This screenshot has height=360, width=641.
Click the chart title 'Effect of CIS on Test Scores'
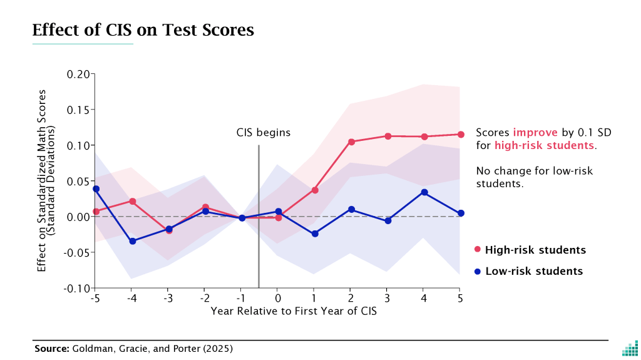[143, 30]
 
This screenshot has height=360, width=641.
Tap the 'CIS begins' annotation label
[264, 133]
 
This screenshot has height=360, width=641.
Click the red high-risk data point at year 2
[351, 142]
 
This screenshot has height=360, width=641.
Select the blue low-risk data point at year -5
[96, 188]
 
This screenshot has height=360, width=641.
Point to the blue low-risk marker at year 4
[424, 192]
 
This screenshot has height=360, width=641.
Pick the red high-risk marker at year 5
[461, 135]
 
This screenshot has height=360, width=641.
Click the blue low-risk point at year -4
[133, 241]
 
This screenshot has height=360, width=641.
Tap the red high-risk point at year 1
[315, 190]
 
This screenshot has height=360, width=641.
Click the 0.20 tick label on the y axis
[79, 74]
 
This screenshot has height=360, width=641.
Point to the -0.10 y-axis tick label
[78, 289]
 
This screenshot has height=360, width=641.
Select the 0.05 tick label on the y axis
[79, 182]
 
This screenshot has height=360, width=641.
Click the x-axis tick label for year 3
[387, 298]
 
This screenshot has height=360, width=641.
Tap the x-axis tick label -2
[204, 298]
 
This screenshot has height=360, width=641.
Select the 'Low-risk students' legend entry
[528, 271]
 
